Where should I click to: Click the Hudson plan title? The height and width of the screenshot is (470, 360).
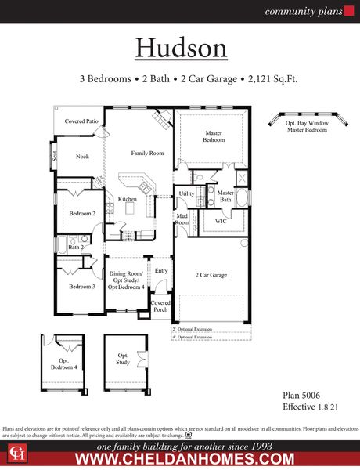click(181, 47)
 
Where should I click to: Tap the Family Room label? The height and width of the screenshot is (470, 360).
click(147, 153)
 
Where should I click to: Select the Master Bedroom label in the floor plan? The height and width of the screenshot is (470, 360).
click(214, 136)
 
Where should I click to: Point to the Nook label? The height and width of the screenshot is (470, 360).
click(82, 157)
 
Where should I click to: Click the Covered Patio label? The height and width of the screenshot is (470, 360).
click(81, 121)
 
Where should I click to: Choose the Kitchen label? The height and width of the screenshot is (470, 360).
click(128, 200)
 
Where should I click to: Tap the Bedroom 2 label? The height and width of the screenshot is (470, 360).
click(82, 213)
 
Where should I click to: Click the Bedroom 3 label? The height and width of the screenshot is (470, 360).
click(81, 287)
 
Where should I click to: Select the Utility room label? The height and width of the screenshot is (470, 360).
click(186, 193)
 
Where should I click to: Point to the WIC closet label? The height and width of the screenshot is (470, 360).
click(221, 222)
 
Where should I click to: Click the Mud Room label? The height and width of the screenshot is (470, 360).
click(182, 219)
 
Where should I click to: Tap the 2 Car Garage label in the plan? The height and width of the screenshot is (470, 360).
click(211, 276)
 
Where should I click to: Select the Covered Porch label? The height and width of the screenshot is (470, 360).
click(160, 305)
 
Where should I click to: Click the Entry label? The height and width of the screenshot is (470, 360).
click(161, 271)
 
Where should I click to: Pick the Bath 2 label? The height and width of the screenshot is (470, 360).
click(75, 248)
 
